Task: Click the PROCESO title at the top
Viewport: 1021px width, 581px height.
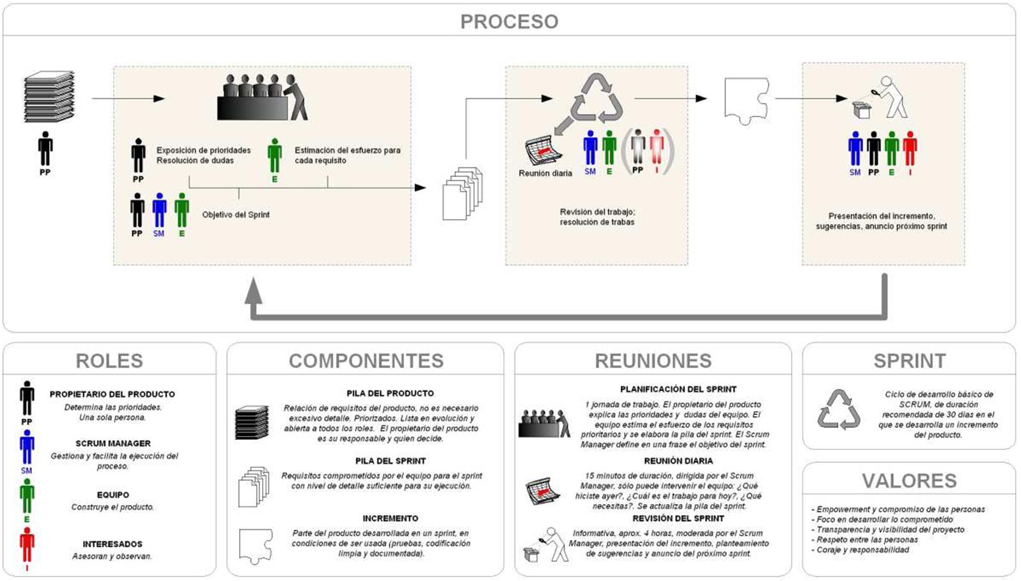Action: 509,22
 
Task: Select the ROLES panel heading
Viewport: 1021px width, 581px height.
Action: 109,360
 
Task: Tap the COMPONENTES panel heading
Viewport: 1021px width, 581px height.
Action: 366,360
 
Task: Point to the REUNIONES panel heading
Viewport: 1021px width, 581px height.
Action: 653,360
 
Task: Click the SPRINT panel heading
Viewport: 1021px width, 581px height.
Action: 909,360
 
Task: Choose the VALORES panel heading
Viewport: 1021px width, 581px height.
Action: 909,481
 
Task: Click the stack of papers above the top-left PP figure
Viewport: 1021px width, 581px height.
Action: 49,97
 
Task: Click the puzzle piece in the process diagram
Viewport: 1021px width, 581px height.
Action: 746,100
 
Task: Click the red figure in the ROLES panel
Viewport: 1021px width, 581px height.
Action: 27,546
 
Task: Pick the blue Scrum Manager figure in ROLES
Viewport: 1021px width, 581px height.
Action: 27,447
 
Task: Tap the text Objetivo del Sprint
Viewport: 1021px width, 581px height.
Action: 236,215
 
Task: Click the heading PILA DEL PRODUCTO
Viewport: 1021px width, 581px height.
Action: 390,393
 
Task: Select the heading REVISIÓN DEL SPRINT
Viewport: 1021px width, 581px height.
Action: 678,518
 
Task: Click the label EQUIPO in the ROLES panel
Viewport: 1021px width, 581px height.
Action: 113,495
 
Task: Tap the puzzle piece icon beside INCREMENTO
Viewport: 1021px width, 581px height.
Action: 255,545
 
